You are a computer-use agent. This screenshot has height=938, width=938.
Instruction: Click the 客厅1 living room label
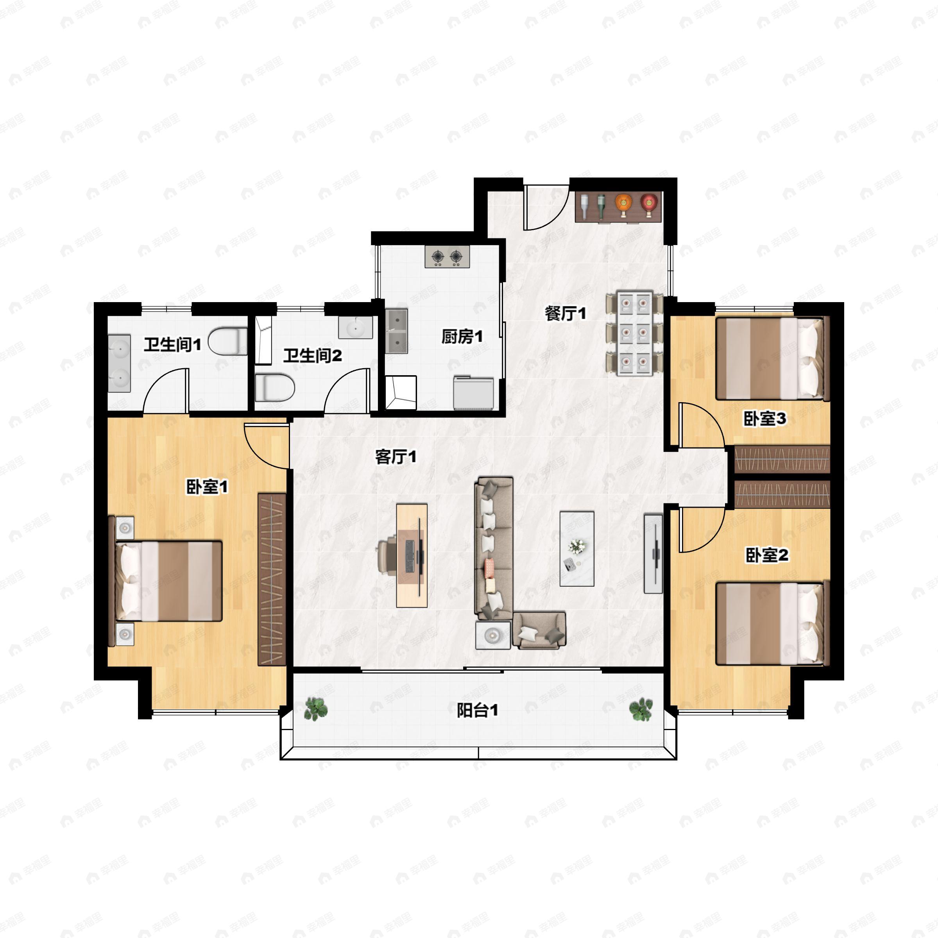click(396, 456)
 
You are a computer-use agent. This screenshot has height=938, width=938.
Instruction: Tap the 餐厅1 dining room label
click(565, 313)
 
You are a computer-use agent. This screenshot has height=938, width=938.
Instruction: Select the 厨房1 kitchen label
click(462, 336)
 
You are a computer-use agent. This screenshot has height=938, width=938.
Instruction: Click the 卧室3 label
click(765, 419)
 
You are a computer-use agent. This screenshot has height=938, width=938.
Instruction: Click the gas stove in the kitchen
click(447, 256)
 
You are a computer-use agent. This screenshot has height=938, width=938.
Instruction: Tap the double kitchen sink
click(397, 331)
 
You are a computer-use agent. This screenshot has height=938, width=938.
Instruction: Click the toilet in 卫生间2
click(274, 387)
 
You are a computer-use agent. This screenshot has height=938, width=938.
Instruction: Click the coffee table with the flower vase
click(577, 548)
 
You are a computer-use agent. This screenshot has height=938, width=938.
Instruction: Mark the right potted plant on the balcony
click(641, 709)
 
